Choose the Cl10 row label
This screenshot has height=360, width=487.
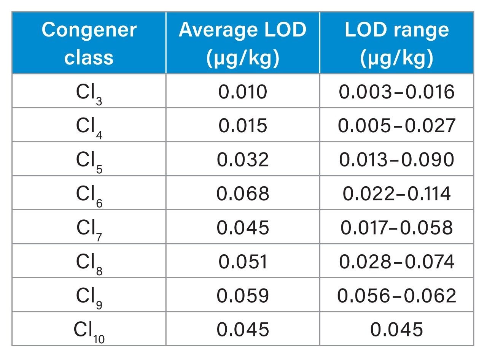tap(89, 330)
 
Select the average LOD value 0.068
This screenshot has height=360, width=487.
tap(242, 194)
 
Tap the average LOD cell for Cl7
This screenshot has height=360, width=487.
tap(242, 228)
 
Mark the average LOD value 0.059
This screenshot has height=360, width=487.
tap(242, 296)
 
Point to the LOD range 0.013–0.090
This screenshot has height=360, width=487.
tap(396, 160)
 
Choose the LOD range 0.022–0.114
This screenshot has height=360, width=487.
tap(396, 194)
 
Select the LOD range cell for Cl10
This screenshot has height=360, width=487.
tap(396, 330)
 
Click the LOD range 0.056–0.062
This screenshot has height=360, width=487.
tap(396, 296)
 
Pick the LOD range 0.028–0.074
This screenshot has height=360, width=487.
tap(396, 262)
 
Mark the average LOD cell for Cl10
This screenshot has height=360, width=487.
tap(242, 330)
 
